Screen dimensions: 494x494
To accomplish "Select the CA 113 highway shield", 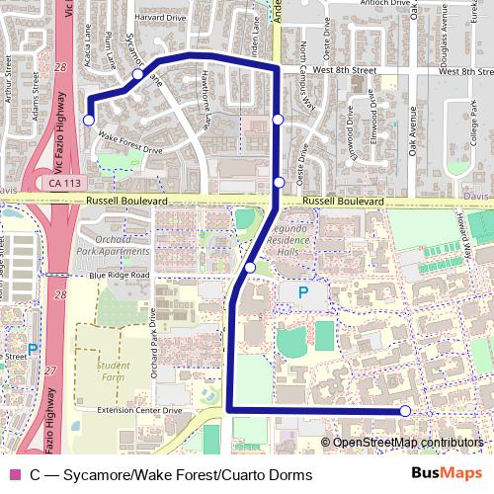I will [x=63, y=184].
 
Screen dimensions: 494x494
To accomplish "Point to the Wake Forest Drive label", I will [x=130, y=144].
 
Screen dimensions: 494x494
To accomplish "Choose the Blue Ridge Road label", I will [x=119, y=275].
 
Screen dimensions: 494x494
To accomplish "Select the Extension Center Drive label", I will [x=140, y=410].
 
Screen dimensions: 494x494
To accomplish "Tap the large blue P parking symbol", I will [x=302, y=292].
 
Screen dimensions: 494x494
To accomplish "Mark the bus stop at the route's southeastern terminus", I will [x=405, y=410].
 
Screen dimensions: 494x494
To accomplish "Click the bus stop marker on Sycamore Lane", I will [x=138, y=74].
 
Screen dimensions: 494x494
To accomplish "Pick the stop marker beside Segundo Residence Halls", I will [x=250, y=268].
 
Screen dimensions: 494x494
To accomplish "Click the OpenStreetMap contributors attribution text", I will [x=408, y=442].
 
